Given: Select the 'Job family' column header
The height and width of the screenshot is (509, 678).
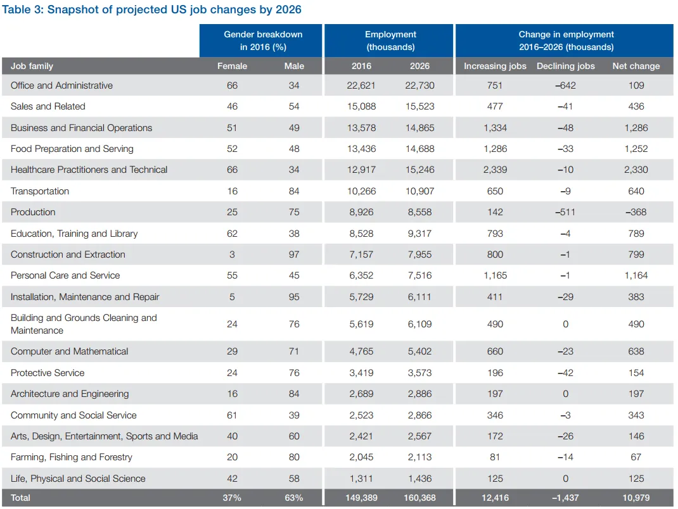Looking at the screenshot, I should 32,66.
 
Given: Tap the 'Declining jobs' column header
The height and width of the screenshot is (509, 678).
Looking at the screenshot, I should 565,66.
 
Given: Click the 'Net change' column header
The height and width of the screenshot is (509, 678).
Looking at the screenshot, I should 636,66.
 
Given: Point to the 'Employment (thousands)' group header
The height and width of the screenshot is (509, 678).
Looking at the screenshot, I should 390,41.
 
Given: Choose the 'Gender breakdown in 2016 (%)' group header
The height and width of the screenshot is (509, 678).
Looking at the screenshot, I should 263,41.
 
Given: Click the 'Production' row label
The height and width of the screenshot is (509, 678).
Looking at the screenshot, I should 33,212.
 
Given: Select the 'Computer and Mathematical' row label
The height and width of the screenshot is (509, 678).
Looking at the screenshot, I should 69,351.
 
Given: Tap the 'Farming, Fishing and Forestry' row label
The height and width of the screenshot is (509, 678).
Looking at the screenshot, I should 72,457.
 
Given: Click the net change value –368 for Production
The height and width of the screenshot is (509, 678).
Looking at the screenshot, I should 636,212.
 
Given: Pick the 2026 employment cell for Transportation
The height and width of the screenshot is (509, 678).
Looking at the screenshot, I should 420,191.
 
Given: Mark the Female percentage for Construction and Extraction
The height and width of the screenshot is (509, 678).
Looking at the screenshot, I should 232,254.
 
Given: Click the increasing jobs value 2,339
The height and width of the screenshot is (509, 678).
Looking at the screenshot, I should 495,170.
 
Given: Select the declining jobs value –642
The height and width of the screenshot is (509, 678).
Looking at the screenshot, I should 565,85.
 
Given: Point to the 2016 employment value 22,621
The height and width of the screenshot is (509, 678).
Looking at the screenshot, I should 361,85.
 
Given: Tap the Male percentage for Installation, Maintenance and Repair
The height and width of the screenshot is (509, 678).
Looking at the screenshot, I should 294,297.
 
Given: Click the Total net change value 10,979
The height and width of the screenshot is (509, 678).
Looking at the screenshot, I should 636,498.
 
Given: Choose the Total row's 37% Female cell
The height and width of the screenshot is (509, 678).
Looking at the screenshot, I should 232,498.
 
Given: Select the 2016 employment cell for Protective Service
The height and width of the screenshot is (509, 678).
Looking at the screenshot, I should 361,373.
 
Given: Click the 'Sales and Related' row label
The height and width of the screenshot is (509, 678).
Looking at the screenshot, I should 48,106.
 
